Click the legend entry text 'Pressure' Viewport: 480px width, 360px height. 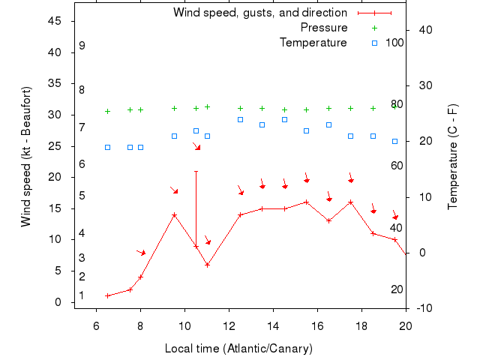click(x=324, y=28)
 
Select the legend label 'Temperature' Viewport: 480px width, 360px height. click(x=313, y=43)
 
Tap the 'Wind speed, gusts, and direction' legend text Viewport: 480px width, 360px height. click(x=259, y=13)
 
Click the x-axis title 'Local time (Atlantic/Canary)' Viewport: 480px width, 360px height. click(x=238, y=349)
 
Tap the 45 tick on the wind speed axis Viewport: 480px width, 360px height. click(x=55, y=21)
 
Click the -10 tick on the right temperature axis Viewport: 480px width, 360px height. click(x=422, y=308)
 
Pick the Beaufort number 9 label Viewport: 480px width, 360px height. click(x=82, y=46)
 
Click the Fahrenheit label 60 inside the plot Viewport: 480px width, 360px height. click(x=397, y=165)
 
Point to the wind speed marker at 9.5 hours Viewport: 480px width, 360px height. click(x=174, y=214)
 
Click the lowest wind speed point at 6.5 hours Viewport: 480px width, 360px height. click(x=107, y=295)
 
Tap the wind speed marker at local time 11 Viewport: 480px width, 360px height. click(x=207, y=265)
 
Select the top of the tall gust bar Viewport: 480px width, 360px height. click(x=196, y=171)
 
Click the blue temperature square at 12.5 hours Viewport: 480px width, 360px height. click(x=240, y=119)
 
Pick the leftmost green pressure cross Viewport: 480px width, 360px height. click(x=107, y=111)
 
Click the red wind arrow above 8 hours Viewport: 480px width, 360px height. click(x=141, y=253)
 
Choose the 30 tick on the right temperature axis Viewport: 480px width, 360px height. click(x=422, y=85)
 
